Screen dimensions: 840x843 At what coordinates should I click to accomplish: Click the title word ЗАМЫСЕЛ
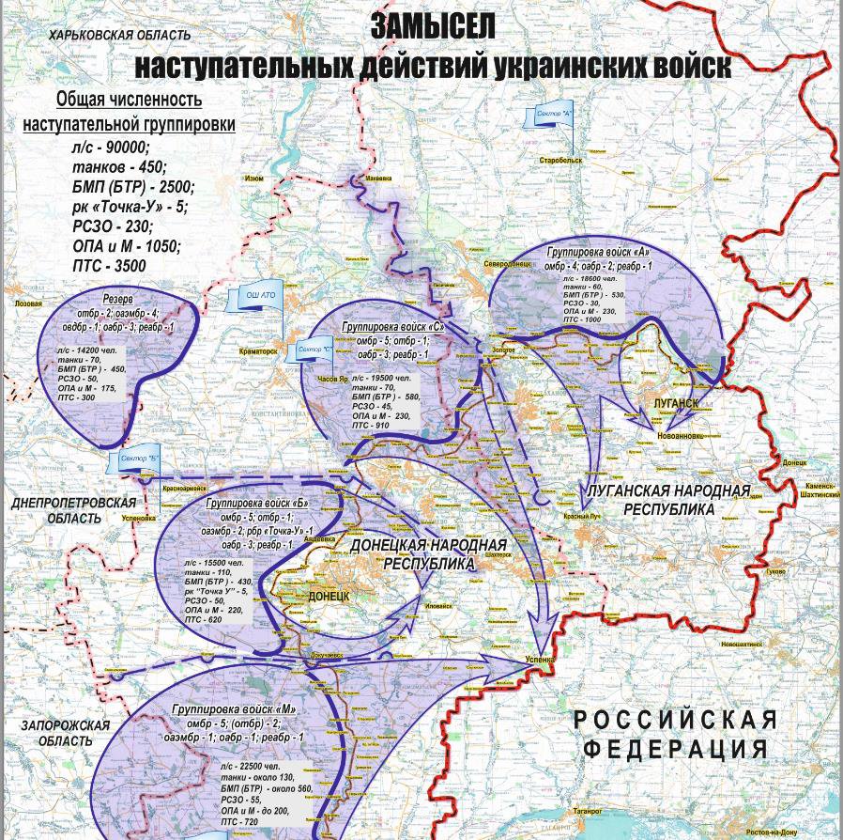click(x=433, y=25)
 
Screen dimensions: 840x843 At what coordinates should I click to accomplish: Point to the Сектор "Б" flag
click(x=141, y=458)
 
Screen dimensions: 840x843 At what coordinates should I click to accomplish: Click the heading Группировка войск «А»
click(x=599, y=252)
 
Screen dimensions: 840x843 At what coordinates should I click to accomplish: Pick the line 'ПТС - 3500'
click(x=109, y=266)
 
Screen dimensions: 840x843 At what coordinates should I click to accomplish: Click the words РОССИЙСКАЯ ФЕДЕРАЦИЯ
click(x=676, y=734)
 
